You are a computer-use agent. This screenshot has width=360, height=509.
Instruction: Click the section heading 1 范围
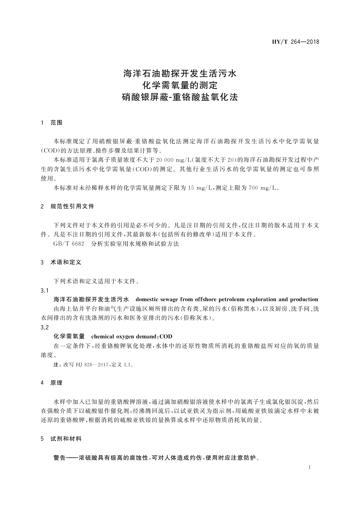[52, 123]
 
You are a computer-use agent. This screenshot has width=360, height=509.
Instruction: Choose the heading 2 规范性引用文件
[67, 206]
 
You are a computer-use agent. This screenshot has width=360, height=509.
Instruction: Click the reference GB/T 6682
[69, 244]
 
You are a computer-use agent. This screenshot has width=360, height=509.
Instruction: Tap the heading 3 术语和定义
[61, 262]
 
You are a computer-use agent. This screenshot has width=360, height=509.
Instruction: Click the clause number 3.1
[44, 290]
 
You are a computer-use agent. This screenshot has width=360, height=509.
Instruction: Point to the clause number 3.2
[44, 327]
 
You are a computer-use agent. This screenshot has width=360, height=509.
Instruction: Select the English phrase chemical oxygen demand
[124, 336]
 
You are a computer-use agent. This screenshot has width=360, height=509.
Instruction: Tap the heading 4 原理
[52, 383]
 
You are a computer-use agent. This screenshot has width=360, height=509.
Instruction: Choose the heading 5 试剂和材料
[61, 439]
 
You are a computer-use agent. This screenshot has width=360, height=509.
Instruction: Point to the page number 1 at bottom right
[310, 467]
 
